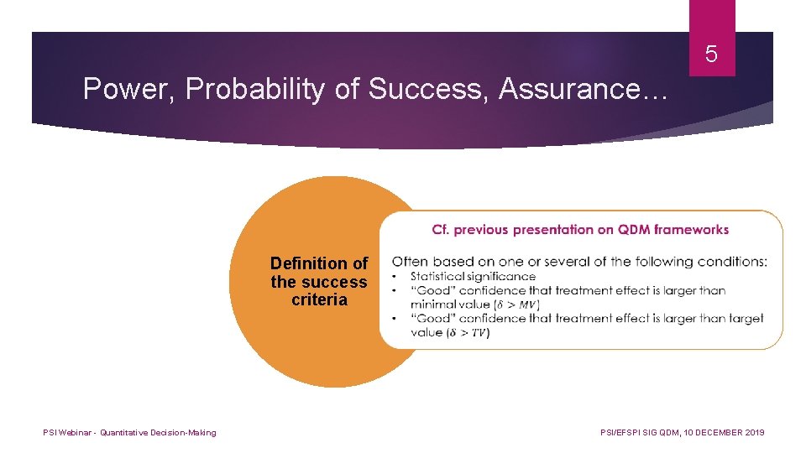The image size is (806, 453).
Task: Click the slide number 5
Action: [x=711, y=55]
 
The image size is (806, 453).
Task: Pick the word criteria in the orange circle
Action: [x=319, y=300]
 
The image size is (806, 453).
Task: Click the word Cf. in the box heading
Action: [x=442, y=229]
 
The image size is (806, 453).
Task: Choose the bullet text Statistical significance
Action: [x=473, y=276]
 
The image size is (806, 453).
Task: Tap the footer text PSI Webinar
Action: [x=67, y=433]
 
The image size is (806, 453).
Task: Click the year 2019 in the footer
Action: [x=753, y=433]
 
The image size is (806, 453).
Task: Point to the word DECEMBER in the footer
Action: [x=709, y=433]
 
